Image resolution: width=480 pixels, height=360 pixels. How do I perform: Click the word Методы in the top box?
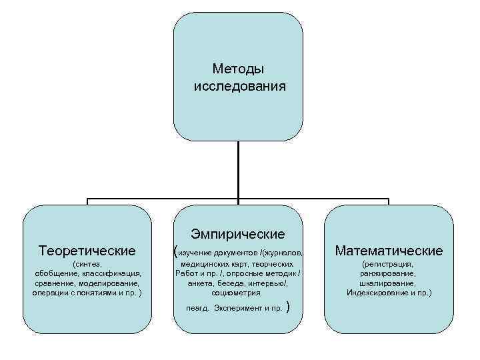click(x=239, y=69)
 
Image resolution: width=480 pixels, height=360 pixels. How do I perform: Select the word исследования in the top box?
click(x=239, y=86)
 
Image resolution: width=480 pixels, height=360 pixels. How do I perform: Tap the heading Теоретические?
click(x=87, y=251)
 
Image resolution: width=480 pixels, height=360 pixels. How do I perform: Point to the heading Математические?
click(x=389, y=251)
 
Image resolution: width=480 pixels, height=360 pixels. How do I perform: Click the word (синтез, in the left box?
click(x=87, y=265)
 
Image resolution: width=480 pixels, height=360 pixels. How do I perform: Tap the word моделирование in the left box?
click(x=108, y=283)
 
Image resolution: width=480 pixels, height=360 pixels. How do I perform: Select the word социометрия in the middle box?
click(x=237, y=292)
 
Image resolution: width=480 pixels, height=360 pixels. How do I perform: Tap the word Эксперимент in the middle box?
click(x=237, y=309)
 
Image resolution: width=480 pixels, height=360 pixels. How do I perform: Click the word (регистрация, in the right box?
click(x=389, y=265)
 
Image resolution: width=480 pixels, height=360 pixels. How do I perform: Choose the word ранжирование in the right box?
click(x=389, y=273)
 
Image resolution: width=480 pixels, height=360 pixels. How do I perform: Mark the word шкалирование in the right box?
click(x=389, y=283)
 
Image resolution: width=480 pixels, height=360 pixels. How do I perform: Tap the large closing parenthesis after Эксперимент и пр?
click(x=287, y=307)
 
